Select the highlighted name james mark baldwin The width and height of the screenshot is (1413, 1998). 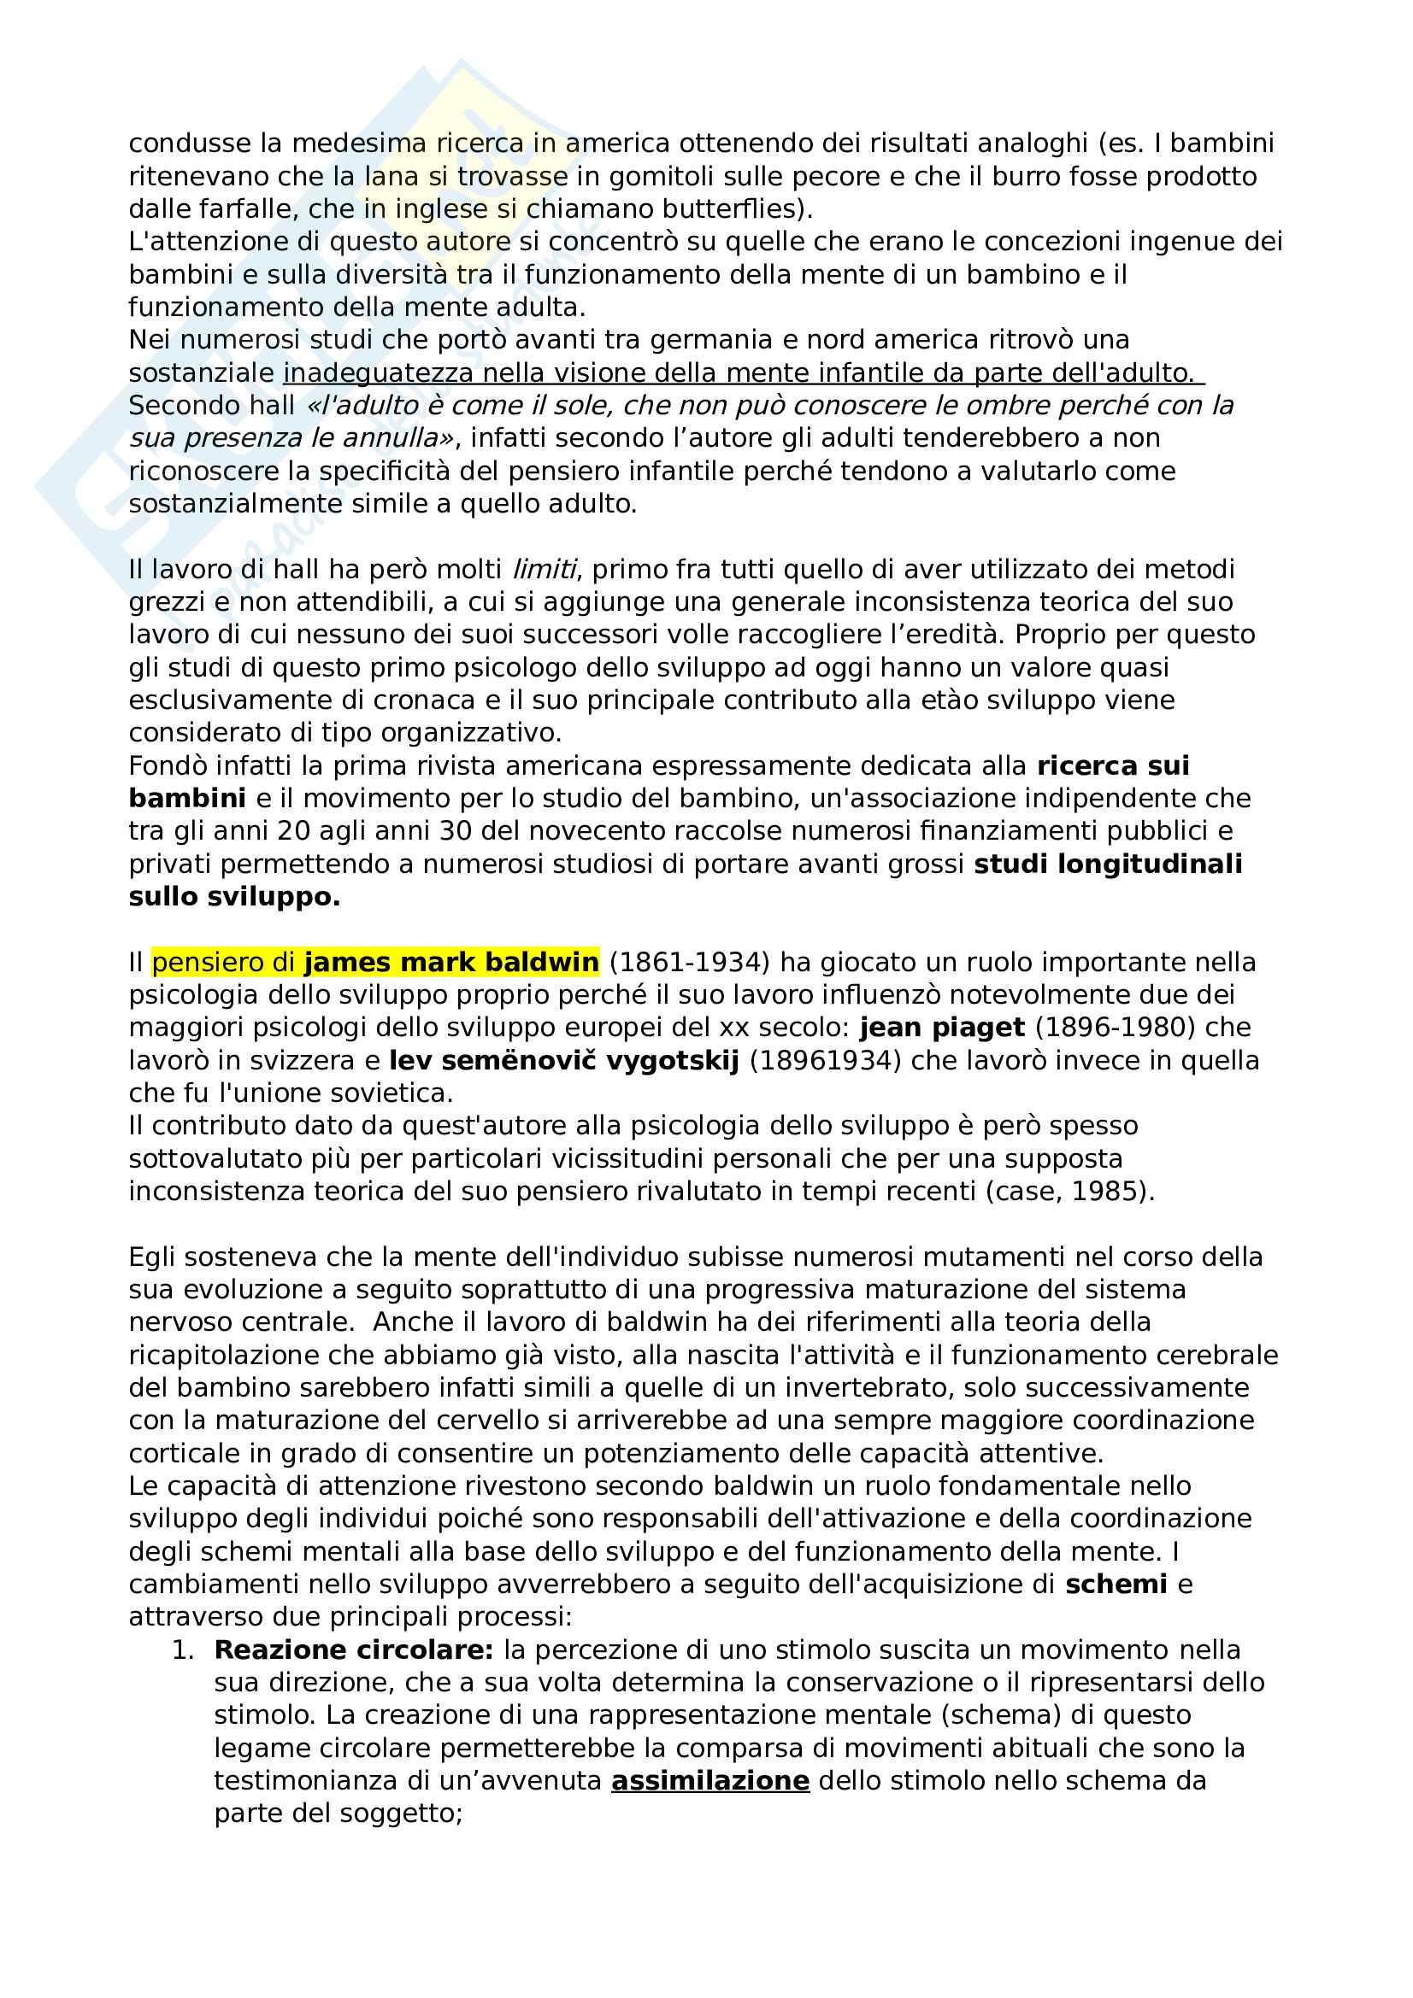[x=451, y=962]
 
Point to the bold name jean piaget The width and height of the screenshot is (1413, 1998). [x=942, y=1027]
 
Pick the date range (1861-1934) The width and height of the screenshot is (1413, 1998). [x=690, y=962]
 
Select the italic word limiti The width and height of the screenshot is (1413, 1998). [x=545, y=569]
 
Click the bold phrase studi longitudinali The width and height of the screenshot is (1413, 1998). [x=1108, y=864]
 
